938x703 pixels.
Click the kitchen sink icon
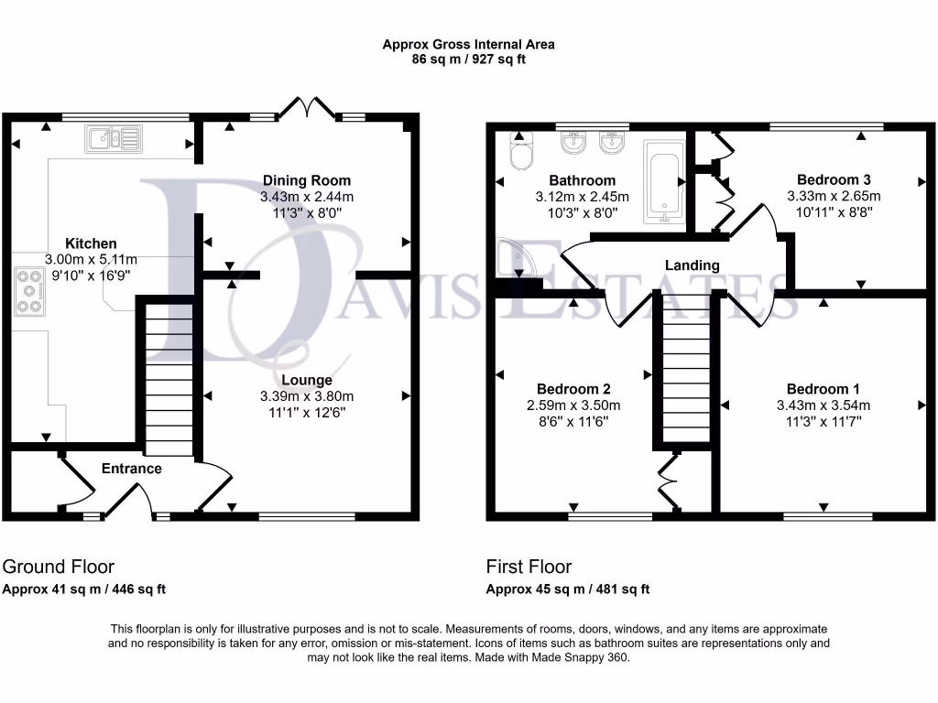coord(114,138)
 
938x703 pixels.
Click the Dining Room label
coord(306,180)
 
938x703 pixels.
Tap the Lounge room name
coord(306,380)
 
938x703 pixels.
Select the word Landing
coord(692,265)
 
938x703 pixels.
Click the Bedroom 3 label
coord(834,179)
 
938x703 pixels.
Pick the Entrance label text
coord(131,469)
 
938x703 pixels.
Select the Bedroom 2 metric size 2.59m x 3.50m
coord(573,406)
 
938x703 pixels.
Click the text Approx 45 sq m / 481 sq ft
coord(567,589)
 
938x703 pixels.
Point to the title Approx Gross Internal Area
coord(468,44)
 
